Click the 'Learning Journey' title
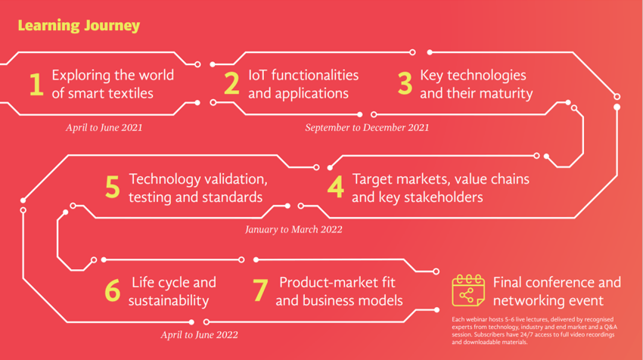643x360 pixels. pyautogui.click(x=79, y=26)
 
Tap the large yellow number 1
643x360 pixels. pyautogui.click(x=36, y=84)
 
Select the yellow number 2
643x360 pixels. pyautogui.click(x=231, y=84)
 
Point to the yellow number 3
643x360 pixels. pyautogui.click(x=405, y=84)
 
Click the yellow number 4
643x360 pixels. pyautogui.click(x=335, y=188)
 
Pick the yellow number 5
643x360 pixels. pyautogui.click(x=113, y=188)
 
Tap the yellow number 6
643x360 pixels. pyautogui.click(x=113, y=290)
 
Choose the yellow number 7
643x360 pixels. pyautogui.click(x=260, y=290)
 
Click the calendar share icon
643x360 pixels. pyautogui.click(x=468, y=290)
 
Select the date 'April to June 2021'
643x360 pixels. pyautogui.click(x=104, y=128)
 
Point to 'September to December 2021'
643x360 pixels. pyautogui.click(x=367, y=128)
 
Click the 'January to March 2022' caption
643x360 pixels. pyautogui.click(x=294, y=229)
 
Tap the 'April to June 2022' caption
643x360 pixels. pyautogui.click(x=199, y=335)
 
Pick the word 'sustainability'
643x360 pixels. pyautogui.click(x=169, y=300)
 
